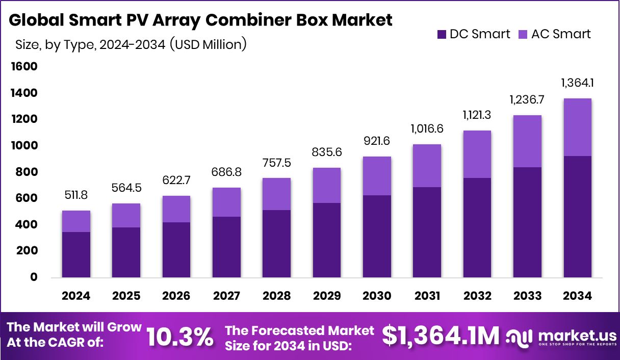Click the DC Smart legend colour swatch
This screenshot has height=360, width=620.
442,35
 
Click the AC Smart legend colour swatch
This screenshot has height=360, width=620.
523,35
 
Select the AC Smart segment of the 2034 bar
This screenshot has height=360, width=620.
577,127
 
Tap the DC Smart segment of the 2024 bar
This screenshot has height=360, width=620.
76,254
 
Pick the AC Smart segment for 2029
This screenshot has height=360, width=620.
327,186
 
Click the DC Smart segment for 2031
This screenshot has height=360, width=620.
427,232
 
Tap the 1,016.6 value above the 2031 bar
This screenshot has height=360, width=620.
427,129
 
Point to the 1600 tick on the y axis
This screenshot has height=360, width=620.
23,67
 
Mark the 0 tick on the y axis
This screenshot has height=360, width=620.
34,277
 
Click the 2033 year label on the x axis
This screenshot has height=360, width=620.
527,296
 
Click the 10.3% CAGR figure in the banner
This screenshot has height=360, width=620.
179,337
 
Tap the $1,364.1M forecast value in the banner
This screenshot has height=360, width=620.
441,336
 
